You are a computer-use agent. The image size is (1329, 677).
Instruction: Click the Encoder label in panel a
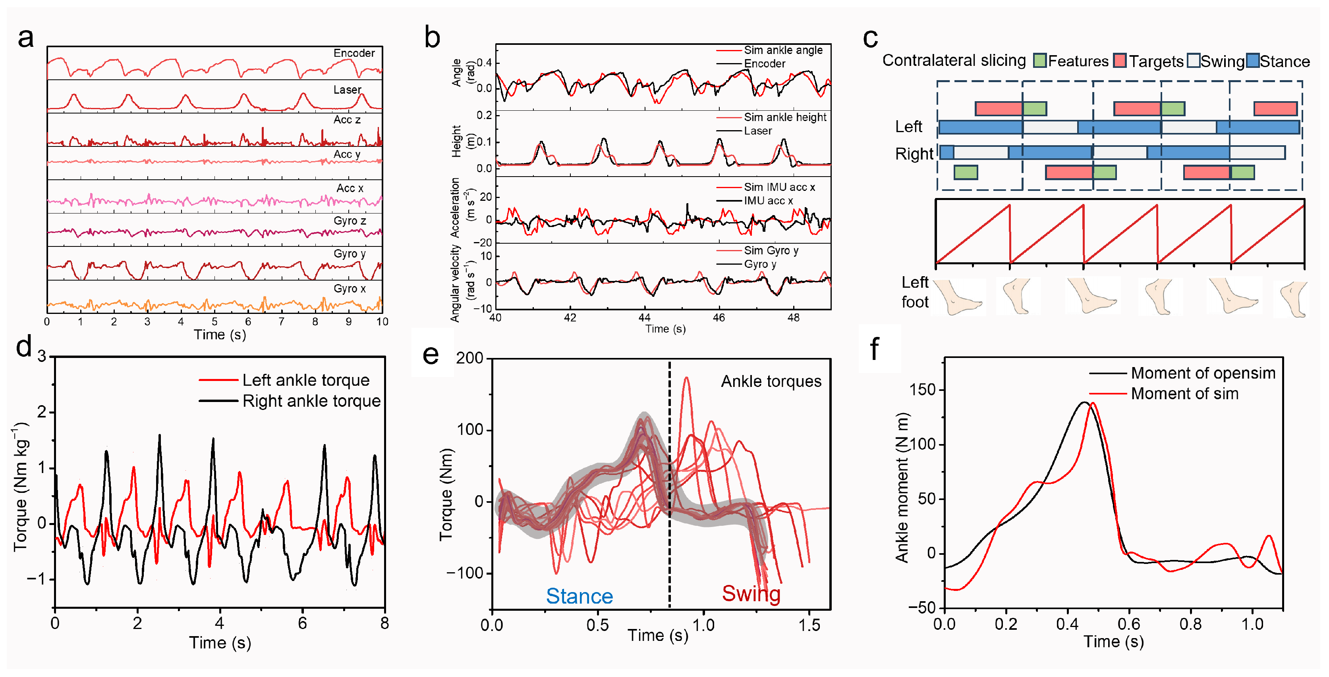tap(354, 53)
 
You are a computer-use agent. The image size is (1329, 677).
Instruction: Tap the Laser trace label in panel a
tap(347, 90)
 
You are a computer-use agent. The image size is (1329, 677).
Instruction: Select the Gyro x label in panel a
tap(349, 289)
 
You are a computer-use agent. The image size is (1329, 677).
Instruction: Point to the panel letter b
tap(432, 38)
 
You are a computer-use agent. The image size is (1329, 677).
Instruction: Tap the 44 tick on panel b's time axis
tap(644, 317)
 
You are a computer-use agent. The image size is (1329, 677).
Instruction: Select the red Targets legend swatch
tap(1120, 61)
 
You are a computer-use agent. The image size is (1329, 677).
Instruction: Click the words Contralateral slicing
tap(954, 60)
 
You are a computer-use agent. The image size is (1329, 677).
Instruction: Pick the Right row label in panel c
tap(914, 154)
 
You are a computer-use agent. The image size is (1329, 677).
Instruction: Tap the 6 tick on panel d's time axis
tap(302, 623)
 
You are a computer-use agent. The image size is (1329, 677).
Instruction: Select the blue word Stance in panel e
tap(580, 596)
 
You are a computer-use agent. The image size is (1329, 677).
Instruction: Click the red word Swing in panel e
tap(751, 594)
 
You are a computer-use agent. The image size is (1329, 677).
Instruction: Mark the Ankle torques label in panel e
tap(771, 381)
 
